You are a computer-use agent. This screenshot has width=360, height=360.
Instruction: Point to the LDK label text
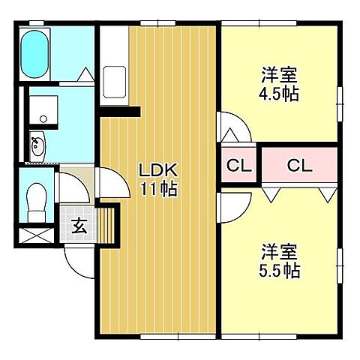point(157,170)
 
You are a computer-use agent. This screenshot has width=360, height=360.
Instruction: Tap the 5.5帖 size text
point(280,270)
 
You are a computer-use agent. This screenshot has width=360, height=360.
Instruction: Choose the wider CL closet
point(298,166)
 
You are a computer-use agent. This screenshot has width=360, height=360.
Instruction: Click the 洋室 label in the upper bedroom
point(280,74)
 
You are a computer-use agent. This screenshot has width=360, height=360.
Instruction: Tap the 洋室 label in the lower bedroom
point(280,251)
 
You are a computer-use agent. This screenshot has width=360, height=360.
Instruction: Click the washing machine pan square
point(43,106)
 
